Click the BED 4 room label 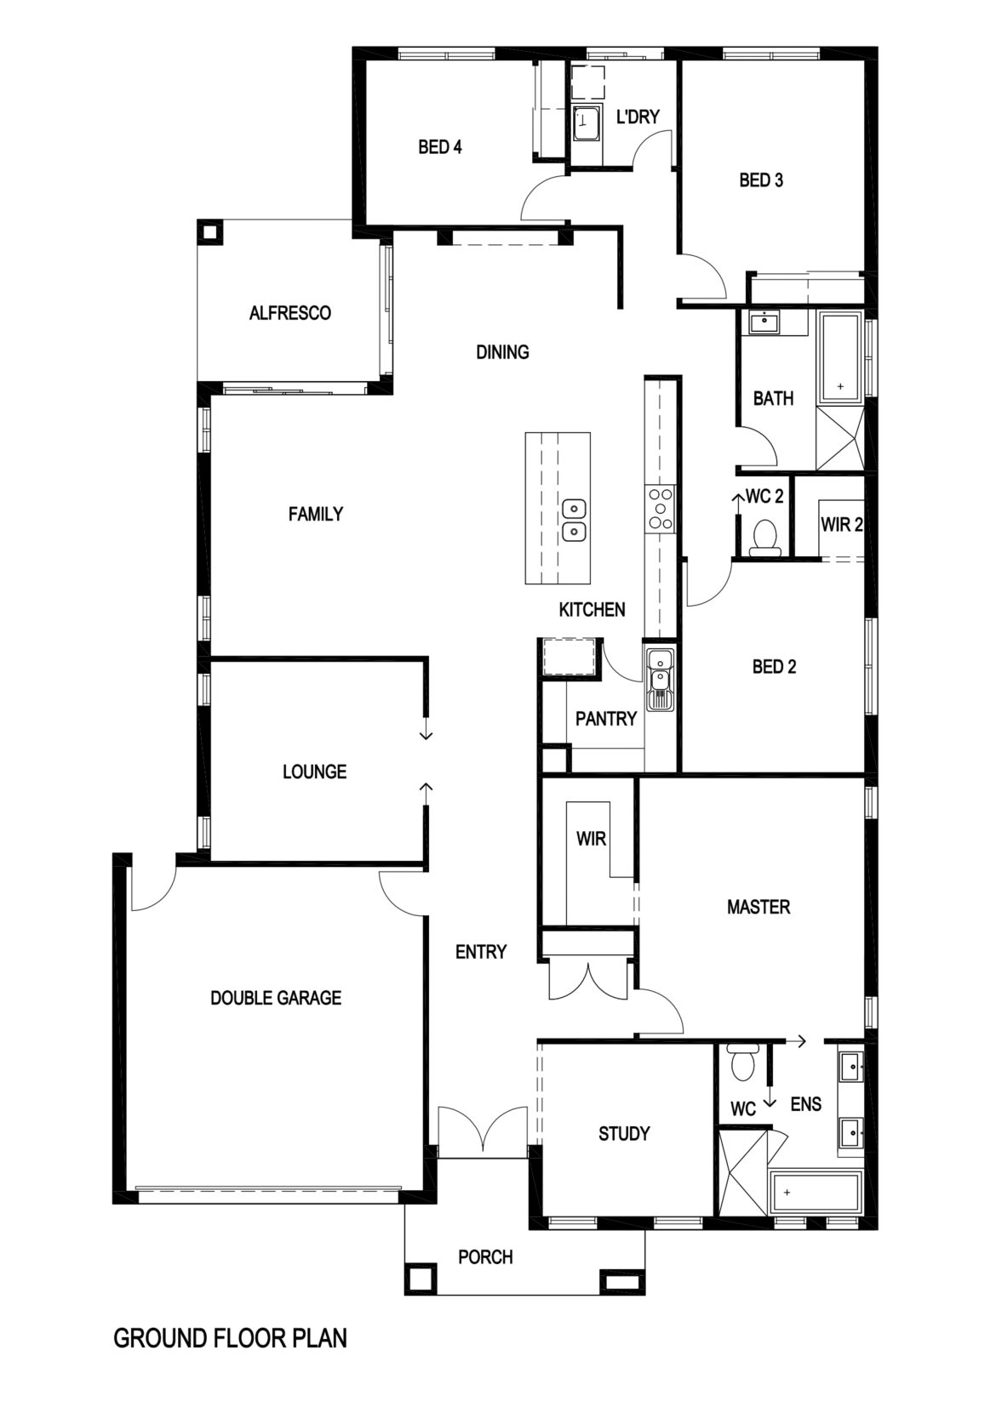tap(439, 147)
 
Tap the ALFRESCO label tap(289, 313)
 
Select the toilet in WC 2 tap(764, 538)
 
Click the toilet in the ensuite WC tap(742, 1063)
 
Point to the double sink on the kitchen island tap(575, 520)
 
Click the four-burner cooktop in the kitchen tap(660, 509)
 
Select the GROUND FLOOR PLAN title tap(230, 1338)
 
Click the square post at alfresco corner tap(209, 231)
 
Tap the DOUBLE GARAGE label tap(276, 997)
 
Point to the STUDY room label tap(623, 1133)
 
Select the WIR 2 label tap(841, 525)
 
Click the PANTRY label tap(605, 719)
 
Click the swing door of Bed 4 tap(543, 200)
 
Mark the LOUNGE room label tap(314, 772)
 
